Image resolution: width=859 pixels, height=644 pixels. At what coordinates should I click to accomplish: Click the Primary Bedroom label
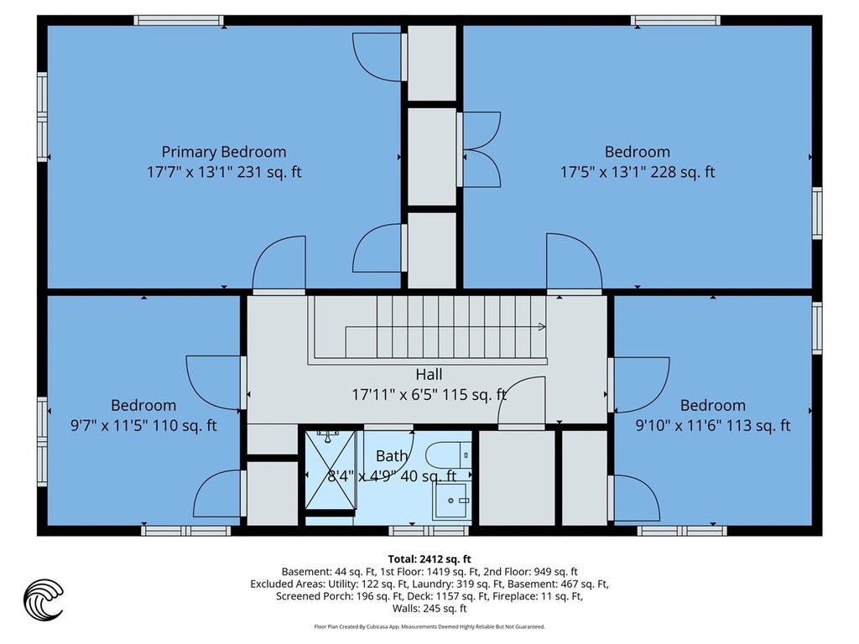point(223,152)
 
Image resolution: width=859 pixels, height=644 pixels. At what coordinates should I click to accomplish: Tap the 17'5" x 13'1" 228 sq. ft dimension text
point(638,172)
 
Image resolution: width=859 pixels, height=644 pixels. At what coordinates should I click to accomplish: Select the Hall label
point(429,375)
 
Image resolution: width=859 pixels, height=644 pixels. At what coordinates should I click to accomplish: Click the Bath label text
point(392,455)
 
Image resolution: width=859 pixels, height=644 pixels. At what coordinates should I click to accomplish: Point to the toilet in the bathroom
point(449,455)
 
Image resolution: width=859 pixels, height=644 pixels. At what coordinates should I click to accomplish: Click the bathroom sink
point(451,501)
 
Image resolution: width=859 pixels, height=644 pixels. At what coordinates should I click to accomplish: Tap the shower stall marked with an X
point(331,470)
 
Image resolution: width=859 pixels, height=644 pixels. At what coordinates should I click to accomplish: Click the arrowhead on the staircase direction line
point(542,327)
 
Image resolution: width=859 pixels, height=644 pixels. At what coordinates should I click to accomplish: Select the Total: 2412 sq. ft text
point(429,559)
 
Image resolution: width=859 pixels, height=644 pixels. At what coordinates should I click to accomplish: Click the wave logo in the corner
point(44,600)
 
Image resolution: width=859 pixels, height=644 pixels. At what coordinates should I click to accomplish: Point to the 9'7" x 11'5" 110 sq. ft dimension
point(143,425)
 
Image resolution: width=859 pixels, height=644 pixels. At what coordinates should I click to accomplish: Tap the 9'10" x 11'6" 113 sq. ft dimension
point(713,425)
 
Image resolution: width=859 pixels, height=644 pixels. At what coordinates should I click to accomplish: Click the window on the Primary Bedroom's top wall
point(179,20)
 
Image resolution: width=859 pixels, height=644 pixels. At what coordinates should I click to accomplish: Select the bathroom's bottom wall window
point(429,531)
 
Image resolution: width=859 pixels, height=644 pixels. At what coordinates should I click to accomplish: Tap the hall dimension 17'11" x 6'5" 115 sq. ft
point(429,394)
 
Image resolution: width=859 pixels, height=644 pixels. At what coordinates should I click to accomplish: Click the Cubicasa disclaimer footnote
point(429,626)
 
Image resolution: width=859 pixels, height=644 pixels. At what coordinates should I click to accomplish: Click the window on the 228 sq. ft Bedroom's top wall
point(675,20)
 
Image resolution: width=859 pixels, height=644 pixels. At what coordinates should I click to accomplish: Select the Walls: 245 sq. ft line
point(429,609)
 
